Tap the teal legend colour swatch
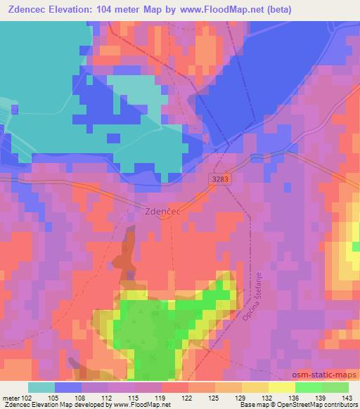pos(41,387)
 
